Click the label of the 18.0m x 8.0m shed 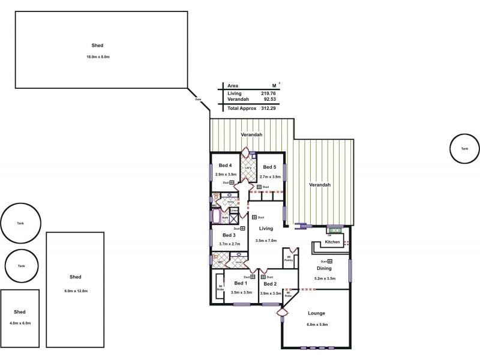coord(97,45)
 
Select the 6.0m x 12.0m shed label coord(75,277)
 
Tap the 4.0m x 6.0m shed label coord(20,312)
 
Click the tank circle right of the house coord(464,147)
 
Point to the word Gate coord(198,100)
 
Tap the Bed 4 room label coord(226,166)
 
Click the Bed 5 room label coord(269,167)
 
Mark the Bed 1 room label coord(241,283)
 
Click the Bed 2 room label coord(270,284)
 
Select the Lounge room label coord(316,313)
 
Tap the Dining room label coord(324,269)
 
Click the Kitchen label coord(332,242)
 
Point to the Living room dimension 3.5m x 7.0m coord(266,240)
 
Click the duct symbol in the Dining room coord(330,262)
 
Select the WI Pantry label coord(287,259)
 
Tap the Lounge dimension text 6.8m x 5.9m coord(316,325)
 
